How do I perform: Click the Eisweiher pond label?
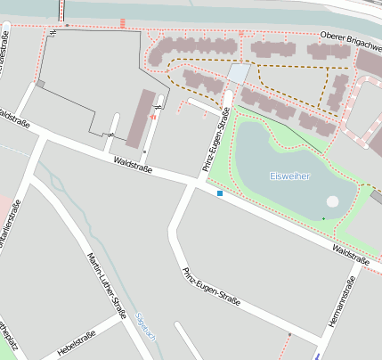(290, 176)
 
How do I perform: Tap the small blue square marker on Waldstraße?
(220, 192)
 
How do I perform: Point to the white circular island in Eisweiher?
(332, 201)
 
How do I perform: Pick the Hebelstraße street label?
(76, 342)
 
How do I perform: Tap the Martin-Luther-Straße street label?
(106, 285)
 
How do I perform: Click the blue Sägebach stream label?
(145, 326)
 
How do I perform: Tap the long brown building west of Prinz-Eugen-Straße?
(140, 118)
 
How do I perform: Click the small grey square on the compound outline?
(40, 84)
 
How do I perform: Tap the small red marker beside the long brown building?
(154, 117)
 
